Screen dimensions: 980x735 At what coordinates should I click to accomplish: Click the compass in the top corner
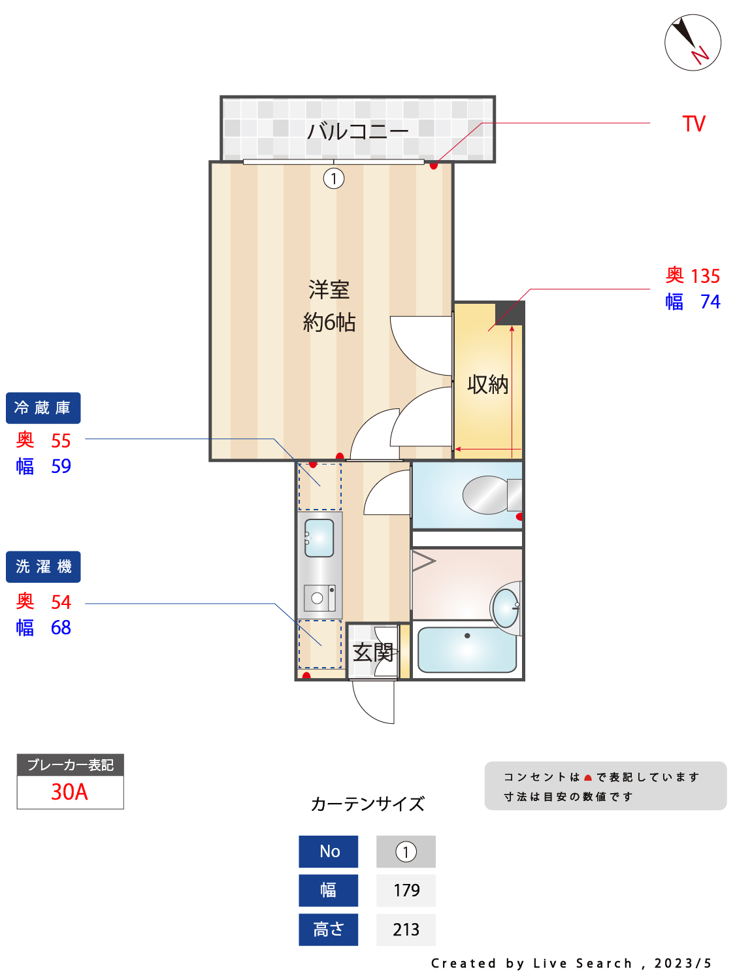pyautogui.click(x=693, y=42)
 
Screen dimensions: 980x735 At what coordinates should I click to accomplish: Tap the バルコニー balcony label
pyautogui.click(x=357, y=131)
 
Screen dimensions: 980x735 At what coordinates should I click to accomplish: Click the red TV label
pyautogui.click(x=694, y=124)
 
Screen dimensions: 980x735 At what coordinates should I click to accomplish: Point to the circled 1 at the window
pyautogui.click(x=334, y=178)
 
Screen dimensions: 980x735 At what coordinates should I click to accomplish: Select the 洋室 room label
pyautogui.click(x=329, y=289)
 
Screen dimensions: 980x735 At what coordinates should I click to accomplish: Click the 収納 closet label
pyautogui.click(x=487, y=384)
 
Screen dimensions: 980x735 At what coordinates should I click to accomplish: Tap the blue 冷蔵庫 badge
pyautogui.click(x=43, y=408)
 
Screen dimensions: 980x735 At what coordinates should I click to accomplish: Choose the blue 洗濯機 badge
pyautogui.click(x=43, y=566)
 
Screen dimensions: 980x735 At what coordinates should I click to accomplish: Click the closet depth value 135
pyautogui.click(x=706, y=276)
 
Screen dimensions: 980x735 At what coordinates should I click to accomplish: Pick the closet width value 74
pyautogui.click(x=710, y=302)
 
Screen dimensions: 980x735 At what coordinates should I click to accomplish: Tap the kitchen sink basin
pyautogui.click(x=319, y=538)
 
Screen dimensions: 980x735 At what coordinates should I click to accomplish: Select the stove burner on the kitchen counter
pyautogui.click(x=318, y=597)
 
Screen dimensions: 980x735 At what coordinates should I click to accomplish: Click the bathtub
pyautogui.click(x=466, y=649)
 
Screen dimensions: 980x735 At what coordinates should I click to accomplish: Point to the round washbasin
pyautogui.click(x=506, y=608)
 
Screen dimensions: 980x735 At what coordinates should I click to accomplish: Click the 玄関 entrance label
pyautogui.click(x=373, y=652)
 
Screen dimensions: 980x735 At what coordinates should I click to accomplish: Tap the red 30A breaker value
pyautogui.click(x=69, y=792)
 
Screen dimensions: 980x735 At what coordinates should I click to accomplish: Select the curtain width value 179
pyautogui.click(x=406, y=890)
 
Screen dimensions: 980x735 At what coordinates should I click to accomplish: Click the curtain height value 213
pyautogui.click(x=406, y=930)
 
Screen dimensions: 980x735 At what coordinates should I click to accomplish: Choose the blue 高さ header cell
pyautogui.click(x=328, y=930)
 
